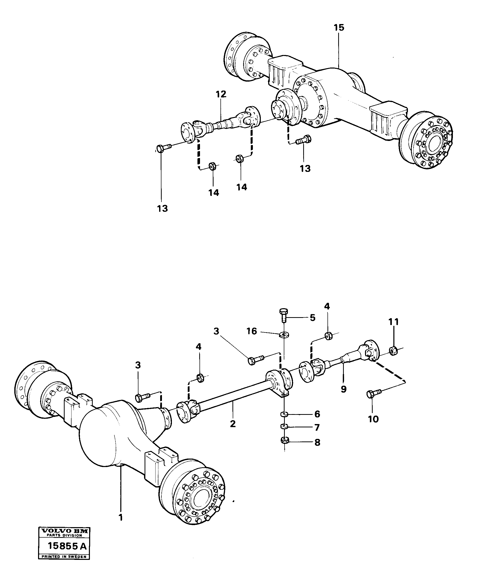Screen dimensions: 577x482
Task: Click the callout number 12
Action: pos(221,94)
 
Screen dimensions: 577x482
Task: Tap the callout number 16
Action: pos(252,331)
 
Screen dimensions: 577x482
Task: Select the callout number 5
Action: pos(312,318)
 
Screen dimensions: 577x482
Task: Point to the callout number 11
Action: pos(394,321)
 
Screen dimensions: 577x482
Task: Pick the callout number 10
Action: pos(373,419)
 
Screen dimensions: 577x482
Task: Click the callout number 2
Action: pos(233,424)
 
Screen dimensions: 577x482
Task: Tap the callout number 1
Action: pos(120,517)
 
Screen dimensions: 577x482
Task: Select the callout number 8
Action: pos(317,443)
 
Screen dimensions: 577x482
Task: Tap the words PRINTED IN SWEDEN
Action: pos(64,557)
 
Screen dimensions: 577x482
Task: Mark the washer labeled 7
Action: pos(284,426)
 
